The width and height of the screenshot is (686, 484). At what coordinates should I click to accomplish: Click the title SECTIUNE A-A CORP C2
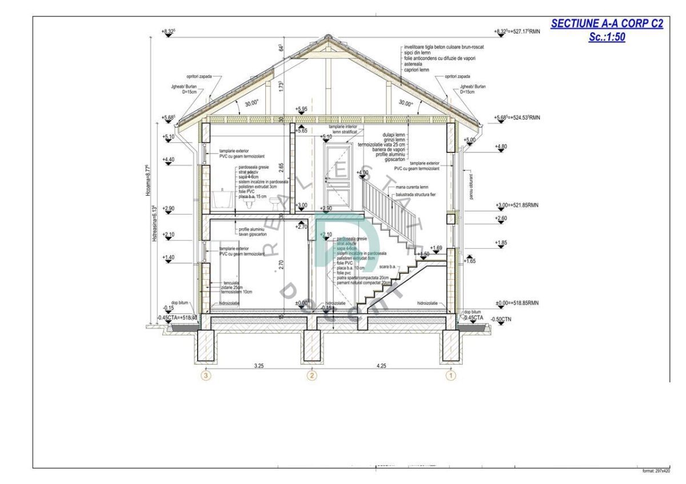coord(606,24)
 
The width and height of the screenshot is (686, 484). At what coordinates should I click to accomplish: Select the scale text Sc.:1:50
coord(606,37)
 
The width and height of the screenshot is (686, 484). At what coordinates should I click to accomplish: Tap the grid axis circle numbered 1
coord(451,376)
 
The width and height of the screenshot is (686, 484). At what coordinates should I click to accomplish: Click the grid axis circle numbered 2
coord(312,376)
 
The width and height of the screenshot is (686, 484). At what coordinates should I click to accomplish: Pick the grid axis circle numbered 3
coord(207,376)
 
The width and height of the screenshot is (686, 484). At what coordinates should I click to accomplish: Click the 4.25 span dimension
coord(381,366)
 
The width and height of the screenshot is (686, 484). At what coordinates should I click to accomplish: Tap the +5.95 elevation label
coord(302,109)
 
